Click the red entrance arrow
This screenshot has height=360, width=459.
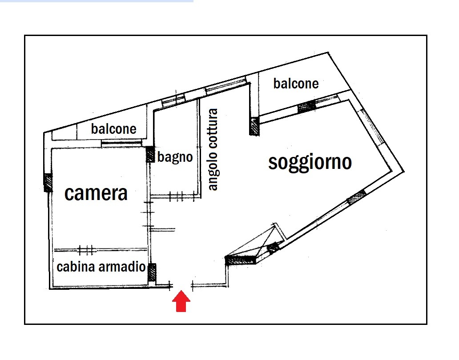(x=181, y=301)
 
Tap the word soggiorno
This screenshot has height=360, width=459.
(x=310, y=163)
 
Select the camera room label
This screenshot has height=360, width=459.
(x=96, y=193)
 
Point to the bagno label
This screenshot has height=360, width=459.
(x=175, y=157)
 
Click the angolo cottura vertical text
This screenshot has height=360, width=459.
(x=213, y=150)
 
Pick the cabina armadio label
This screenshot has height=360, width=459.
(x=101, y=267)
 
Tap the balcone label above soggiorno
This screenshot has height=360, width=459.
(x=296, y=84)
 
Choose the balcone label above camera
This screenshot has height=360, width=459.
(x=113, y=129)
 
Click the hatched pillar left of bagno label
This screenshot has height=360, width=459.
(x=150, y=154)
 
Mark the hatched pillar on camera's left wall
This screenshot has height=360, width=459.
(x=48, y=182)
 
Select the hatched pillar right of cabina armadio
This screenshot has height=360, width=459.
(x=152, y=272)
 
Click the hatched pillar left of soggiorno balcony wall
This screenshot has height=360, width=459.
(x=254, y=126)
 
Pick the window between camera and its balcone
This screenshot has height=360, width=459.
(x=121, y=143)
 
